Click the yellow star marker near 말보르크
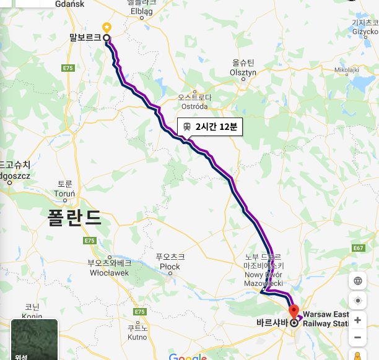(107, 27)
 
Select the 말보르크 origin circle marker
(107, 38)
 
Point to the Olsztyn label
(243, 72)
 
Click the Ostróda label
(194, 106)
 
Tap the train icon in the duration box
(186, 126)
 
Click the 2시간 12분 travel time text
(216, 127)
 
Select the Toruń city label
(64, 194)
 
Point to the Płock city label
(170, 267)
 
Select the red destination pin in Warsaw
(294, 311)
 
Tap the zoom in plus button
(357, 320)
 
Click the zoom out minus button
(357, 338)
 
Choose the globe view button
(357, 281)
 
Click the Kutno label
(137, 337)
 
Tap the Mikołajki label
(347, 70)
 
